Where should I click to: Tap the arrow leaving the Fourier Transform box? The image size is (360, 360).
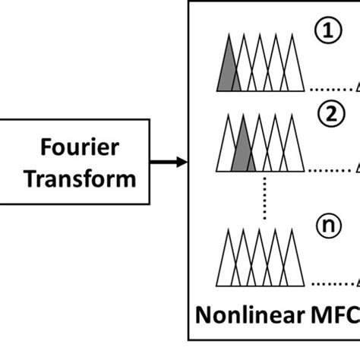tap(171, 161)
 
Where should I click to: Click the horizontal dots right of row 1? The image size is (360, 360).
tap(328, 89)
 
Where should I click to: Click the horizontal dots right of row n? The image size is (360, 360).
tap(328, 285)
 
